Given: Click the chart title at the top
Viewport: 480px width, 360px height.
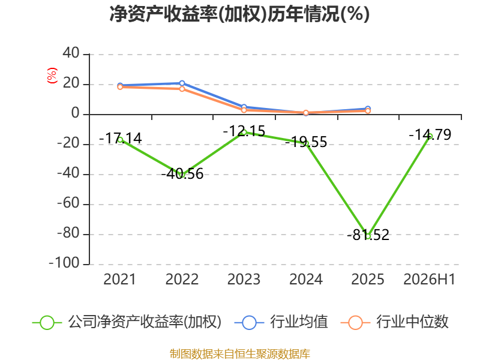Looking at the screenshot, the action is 239,14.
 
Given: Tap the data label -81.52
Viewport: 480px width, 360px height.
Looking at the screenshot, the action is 368,235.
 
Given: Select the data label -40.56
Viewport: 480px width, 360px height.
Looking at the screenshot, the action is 182,174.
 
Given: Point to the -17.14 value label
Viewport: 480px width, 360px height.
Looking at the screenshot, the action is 121,139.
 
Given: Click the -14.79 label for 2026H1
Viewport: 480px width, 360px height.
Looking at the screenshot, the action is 430,134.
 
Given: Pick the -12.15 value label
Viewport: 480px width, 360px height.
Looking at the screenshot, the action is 244,131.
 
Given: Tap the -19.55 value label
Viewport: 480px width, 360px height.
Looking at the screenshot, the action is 306,142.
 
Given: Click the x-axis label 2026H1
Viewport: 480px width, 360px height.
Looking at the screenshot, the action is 430,279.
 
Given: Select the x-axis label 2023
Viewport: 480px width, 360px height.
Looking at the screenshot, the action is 244,279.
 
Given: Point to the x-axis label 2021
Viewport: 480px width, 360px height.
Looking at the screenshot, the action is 119,279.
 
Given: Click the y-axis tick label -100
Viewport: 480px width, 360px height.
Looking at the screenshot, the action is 64,263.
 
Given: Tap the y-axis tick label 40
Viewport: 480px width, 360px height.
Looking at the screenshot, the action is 71,53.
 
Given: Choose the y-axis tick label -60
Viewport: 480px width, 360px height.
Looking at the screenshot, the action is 68,203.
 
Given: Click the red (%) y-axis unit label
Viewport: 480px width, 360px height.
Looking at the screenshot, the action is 52,76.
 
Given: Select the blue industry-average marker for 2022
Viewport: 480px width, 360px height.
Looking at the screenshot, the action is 182,83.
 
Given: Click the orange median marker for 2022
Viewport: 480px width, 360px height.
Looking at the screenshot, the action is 182,89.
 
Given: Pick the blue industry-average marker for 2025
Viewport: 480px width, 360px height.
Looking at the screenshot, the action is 368,109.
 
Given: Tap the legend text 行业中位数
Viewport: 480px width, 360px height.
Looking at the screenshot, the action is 412,322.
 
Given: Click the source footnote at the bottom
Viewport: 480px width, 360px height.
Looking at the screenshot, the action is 239,354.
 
